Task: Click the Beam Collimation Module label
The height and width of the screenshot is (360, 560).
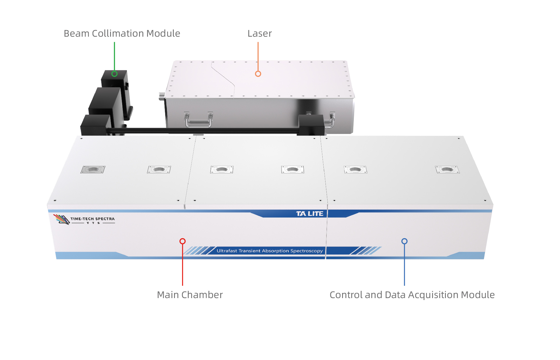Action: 122,34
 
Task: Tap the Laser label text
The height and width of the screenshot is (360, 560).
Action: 259,34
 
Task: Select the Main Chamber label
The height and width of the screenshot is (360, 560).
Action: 190,295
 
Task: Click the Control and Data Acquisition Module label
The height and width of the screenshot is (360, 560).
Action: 412,295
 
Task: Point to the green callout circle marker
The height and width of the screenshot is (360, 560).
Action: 114,74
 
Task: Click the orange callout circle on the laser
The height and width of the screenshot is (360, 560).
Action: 258,74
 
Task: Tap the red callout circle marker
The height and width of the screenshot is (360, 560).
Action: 182,241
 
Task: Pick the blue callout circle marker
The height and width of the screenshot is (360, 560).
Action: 404,241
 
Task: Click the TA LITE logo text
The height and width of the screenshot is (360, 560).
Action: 310,214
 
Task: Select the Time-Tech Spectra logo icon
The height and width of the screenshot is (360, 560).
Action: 62,220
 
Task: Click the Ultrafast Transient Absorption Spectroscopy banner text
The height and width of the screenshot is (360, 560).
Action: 270,251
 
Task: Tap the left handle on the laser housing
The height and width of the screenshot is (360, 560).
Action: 198,120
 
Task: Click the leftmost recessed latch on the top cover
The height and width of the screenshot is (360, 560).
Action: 93,170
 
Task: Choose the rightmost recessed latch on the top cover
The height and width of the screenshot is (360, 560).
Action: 447,170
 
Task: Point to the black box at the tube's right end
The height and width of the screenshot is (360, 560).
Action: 311,125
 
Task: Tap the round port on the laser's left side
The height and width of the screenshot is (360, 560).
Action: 162,96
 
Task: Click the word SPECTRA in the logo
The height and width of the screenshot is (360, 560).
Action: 105,219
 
